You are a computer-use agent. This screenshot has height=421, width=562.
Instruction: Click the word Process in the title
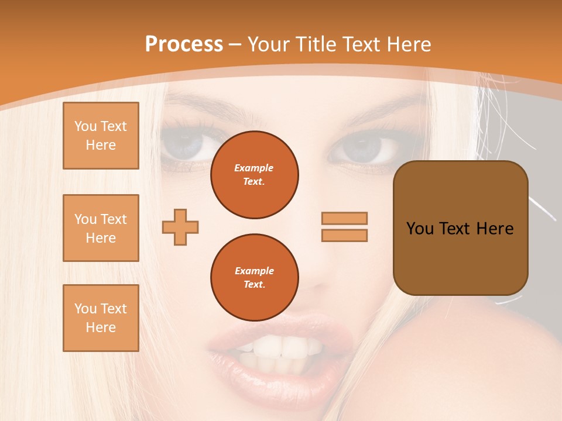point(184,44)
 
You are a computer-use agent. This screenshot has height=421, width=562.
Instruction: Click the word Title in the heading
point(314,44)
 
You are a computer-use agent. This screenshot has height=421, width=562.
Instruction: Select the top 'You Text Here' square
point(101,136)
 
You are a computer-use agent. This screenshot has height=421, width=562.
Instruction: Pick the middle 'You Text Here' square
point(101,228)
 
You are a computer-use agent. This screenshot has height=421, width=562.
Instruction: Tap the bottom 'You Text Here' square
point(101,318)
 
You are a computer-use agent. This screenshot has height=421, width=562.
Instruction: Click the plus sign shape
point(180,227)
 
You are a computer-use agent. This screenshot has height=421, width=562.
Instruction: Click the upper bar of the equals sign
point(345,218)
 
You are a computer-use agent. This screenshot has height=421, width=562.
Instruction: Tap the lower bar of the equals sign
point(345,235)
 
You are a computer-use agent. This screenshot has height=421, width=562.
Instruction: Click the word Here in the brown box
point(495,229)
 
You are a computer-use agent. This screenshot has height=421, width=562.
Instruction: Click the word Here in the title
point(409,44)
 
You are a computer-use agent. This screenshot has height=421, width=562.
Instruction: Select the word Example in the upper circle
point(254,168)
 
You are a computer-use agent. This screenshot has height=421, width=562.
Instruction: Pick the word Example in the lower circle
point(254,271)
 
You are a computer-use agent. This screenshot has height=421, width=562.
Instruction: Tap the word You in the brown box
point(419,229)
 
